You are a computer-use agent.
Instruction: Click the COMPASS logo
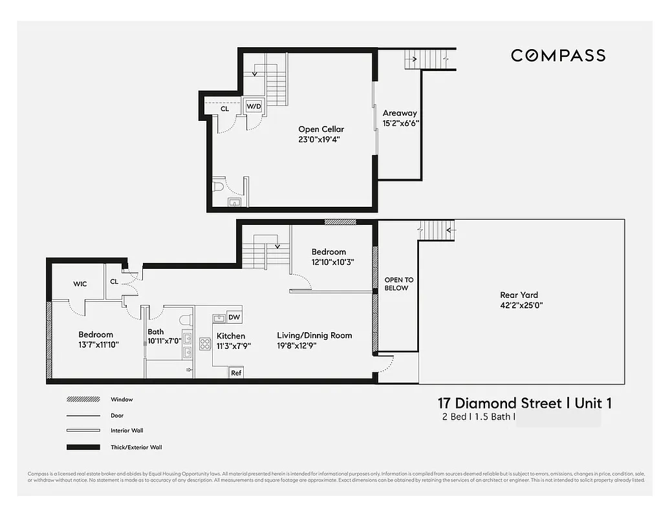pyautogui.click(x=557, y=56)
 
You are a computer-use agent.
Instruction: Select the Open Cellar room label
pyautogui.click(x=321, y=129)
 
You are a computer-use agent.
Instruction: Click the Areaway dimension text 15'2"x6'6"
pyautogui.click(x=401, y=123)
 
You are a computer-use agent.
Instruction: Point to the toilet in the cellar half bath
pyautogui.click(x=218, y=187)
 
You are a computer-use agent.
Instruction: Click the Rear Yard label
pyautogui.click(x=519, y=295)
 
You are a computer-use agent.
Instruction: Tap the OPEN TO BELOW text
pyautogui.click(x=398, y=284)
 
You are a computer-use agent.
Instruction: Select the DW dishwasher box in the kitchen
pyautogui.click(x=234, y=317)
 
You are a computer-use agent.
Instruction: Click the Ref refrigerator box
pyautogui.click(x=236, y=373)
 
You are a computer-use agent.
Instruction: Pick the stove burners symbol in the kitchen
pyautogui.click(x=206, y=343)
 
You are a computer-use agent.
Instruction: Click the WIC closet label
pyautogui.click(x=80, y=284)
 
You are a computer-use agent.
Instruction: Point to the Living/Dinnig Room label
pyautogui.click(x=314, y=335)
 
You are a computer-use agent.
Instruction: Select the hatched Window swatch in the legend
pyautogui.click(x=83, y=400)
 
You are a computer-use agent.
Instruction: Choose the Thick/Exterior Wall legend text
pyautogui.click(x=136, y=447)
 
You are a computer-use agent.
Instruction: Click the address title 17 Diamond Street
pyautogui.click(x=499, y=403)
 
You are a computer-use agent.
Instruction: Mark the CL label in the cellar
pyautogui.click(x=224, y=109)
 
